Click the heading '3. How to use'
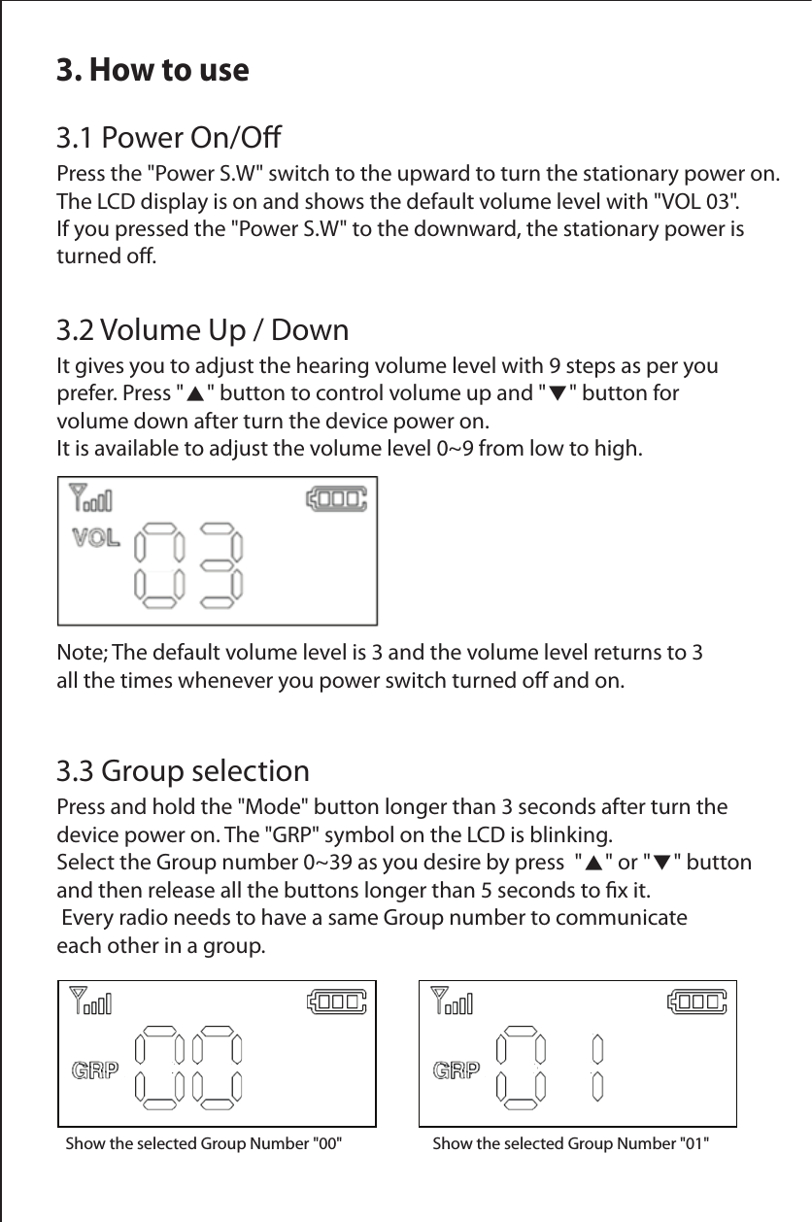[x=152, y=70]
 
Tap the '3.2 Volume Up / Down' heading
[x=202, y=330]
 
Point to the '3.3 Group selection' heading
[x=184, y=772]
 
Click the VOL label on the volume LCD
[x=96, y=537]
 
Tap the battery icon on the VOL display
[x=336, y=499]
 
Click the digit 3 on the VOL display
[x=221, y=563]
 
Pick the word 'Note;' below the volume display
[x=84, y=651]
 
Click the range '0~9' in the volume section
[x=457, y=449]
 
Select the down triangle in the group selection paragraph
[x=660, y=863]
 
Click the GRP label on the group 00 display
[x=96, y=1070]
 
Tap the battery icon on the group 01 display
[x=695, y=1001]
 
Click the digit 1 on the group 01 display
[x=597, y=1067]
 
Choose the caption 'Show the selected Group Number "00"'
[x=203, y=1143]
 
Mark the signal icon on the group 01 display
[x=452, y=1001]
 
